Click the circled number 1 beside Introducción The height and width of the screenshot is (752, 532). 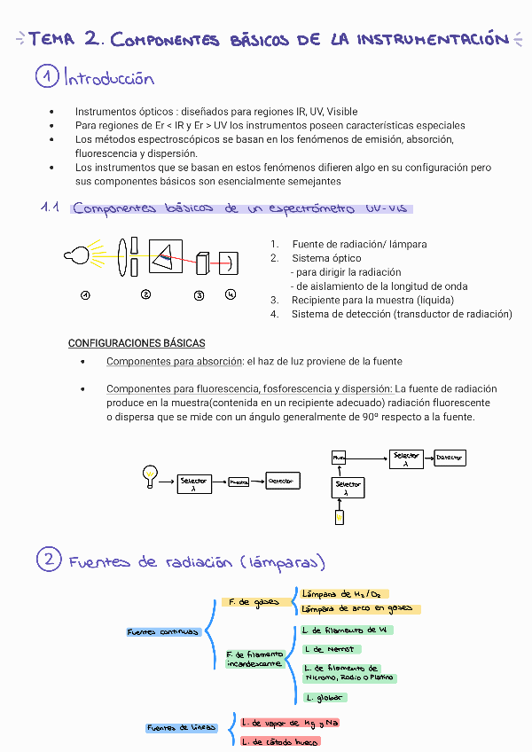pos(47,78)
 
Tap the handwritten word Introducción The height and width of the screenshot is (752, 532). pos(109,79)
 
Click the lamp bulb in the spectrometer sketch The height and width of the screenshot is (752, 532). pos(77,256)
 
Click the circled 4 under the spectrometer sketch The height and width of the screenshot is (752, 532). pos(231,294)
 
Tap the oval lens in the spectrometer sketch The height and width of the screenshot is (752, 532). pos(121,257)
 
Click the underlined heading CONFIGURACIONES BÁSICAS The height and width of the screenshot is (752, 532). pos(137,343)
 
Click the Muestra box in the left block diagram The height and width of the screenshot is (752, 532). pos(239,482)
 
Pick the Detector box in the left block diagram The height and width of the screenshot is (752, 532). pos(283,481)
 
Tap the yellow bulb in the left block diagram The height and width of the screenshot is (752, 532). pos(151,474)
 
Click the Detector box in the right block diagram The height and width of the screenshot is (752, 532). pos(450,458)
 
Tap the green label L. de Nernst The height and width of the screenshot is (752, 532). pos(331,649)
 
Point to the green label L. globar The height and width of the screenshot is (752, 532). pos(322,698)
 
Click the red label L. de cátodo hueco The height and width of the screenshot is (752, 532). pos(279,740)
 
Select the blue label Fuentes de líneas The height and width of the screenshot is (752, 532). pos(181,728)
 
